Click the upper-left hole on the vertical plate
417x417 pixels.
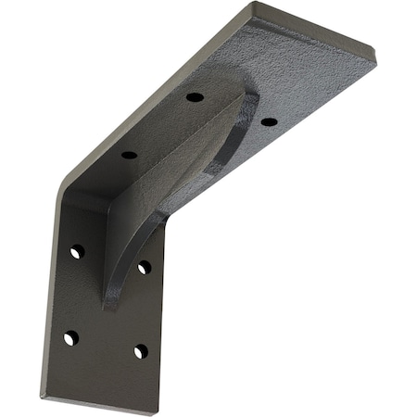[x=77, y=251]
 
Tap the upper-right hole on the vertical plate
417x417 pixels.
[x=145, y=267]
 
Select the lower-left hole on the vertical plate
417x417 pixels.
[x=70, y=337]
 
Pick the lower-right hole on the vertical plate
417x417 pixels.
[x=140, y=351]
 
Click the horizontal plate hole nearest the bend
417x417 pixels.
[x=129, y=154]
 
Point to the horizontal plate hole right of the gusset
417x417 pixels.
[x=269, y=121]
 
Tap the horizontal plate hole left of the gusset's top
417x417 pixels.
[x=195, y=96]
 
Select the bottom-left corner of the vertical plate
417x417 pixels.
[x=43, y=396]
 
